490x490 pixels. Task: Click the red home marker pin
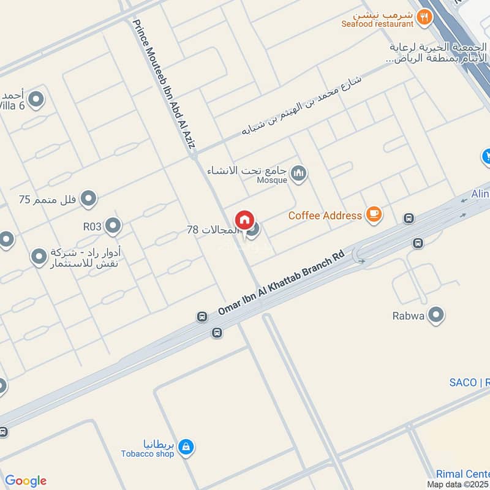tap(244, 220)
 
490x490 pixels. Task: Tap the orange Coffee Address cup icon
tap(374, 214)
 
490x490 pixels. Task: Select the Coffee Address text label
tap(325, 216)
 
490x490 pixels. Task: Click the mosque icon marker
tap(298, 174)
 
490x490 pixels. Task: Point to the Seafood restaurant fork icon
tap(424, 18)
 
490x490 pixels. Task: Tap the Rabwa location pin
tap(435, 315)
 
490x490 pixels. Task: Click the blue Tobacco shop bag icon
tap(186, 447)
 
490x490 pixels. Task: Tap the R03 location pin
tap(113, 226)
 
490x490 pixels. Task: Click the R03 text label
tap(92, 227)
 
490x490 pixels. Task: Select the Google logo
tap(25, 481)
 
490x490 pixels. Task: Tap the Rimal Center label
tap(462, 473)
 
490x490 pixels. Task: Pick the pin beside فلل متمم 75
tap(89, 198)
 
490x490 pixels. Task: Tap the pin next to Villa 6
tap(37, 99)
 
